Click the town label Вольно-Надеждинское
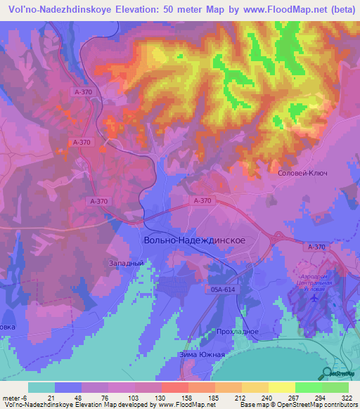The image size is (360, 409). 194,240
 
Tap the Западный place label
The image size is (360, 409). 127,263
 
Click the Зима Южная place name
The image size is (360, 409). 203,354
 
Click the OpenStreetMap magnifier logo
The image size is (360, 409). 326,372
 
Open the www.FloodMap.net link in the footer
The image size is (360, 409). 188,405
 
